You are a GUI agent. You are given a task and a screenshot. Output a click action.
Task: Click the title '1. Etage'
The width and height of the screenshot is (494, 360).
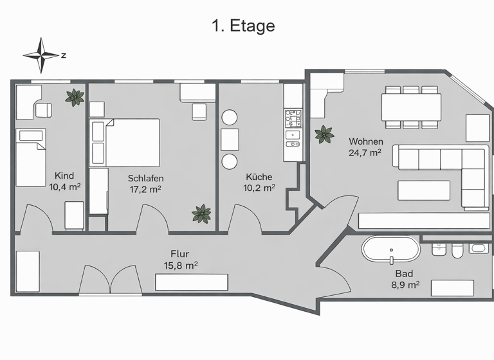coord(243,26)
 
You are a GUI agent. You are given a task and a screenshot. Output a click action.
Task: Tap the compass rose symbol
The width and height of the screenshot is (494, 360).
coord(41,55)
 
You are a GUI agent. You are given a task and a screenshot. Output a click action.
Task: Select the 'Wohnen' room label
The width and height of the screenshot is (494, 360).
coord(366,141)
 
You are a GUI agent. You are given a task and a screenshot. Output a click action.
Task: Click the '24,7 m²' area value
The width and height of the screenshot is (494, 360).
coord(365,153)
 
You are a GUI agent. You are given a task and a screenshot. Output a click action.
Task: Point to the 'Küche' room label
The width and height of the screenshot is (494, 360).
coord(259,177)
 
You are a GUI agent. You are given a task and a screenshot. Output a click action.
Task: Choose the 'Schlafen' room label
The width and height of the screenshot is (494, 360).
coord(145,178)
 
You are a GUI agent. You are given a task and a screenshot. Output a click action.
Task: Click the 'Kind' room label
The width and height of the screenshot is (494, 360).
coord(64,176)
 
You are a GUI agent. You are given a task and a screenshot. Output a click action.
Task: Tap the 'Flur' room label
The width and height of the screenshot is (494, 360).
coord(179,253)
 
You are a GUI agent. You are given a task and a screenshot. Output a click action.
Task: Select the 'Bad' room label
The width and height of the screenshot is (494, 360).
coord(404,273)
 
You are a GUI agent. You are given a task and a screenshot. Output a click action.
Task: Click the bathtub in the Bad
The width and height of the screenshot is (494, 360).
coord(390,249)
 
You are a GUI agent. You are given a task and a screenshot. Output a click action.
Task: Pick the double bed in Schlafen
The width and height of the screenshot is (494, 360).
coord(132,141)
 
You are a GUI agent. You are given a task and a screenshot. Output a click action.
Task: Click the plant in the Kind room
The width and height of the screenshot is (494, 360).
coord(75,98)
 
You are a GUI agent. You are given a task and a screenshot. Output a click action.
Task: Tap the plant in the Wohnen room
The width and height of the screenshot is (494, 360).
coord(324,135)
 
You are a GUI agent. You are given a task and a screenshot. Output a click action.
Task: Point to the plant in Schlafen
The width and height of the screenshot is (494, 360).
coord(202,214)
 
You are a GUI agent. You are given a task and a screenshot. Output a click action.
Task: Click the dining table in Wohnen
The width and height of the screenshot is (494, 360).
coord(412,106)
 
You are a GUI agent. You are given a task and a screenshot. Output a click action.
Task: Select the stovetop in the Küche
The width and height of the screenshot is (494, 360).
coord(293,117)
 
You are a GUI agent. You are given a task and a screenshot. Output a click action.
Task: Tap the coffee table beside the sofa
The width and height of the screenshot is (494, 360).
coord(423,191)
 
